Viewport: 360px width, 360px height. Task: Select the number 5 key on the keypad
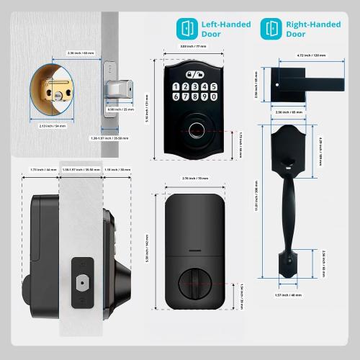(x=213, y=86)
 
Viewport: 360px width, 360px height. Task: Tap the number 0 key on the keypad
(x=213, y=96)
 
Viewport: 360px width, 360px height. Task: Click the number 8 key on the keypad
(x=194, y=96)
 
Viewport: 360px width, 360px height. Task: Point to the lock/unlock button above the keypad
(x=194, y=74)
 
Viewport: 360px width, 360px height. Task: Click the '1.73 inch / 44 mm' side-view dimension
(x=43, y=170)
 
